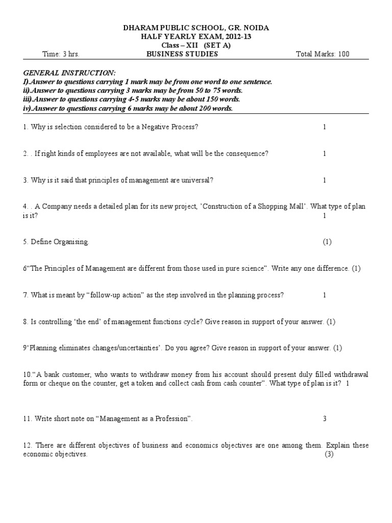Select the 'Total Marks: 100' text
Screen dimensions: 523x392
coord(323,54)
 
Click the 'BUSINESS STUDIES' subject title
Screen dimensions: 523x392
coord(182,54)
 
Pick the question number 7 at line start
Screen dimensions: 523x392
coord(24,295)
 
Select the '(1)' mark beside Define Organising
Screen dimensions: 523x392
coord(327,242)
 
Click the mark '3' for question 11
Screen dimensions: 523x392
coord(324,419)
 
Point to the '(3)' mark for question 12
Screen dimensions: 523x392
coord(329,455)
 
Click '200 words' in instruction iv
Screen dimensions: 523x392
coord(216,108)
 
